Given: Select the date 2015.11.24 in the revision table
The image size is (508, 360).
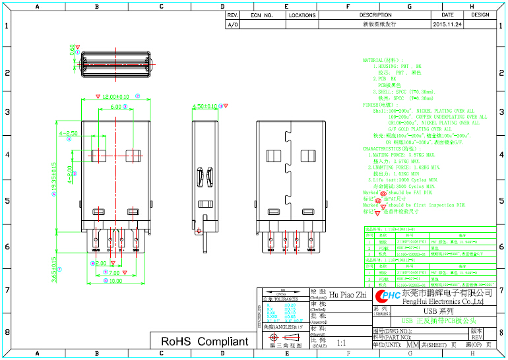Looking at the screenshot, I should point(447,24).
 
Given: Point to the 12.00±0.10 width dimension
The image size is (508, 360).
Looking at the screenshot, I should point(111,96).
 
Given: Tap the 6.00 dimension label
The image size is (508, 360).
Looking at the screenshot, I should point(115,106).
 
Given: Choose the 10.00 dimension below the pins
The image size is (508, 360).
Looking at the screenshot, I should point(115,282).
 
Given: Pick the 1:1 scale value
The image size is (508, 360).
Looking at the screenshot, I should point(341,344).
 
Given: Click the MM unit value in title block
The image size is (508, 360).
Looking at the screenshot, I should point(412,345).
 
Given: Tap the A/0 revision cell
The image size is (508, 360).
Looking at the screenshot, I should point(232,24).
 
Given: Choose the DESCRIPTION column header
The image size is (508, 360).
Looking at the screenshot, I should point(375,15).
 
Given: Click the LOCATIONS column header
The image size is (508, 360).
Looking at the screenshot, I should point(302,15).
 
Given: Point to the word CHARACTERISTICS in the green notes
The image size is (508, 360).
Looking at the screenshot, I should point(387,149).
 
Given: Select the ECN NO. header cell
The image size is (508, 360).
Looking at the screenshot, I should point(262,15).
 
